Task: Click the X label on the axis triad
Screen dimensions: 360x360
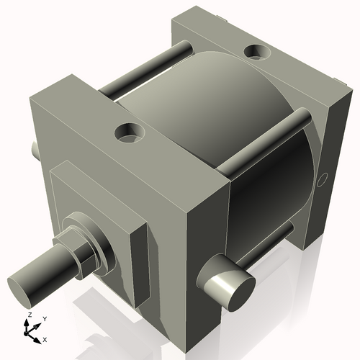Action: pyautogui.click(x=45, y=338)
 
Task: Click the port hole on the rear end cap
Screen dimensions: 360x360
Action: pyautogui.click(x=255, y=52)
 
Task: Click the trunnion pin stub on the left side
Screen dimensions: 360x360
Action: pyautogui.click(x=35, y=148)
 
